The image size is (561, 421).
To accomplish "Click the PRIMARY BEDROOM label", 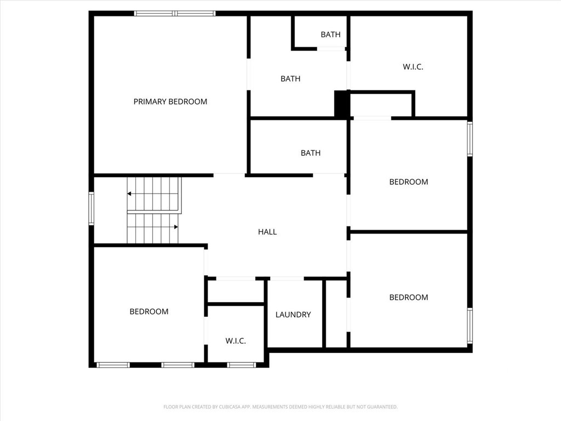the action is pos(170,101).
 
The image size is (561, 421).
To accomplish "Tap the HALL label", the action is pos(267,232).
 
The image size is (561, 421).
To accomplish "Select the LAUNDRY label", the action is pos(293,315).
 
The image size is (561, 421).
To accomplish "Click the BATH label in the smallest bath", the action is pos(330,35).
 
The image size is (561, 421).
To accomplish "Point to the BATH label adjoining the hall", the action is pos(311,153).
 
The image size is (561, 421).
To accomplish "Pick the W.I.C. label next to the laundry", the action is pos(236,341).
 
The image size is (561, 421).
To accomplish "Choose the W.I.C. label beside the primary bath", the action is pos(413,67).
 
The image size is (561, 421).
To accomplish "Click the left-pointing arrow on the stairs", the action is pos(129,194).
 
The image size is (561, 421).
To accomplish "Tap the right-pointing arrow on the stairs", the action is pos(176,227).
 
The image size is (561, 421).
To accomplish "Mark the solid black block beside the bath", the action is pos(342,104).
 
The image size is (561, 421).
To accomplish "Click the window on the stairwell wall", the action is pos(91,208).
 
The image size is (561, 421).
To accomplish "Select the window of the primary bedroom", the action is pos(175,14).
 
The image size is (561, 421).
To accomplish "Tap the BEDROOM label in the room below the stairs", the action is pos(149,312).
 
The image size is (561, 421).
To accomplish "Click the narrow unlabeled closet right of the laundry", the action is pos(336,314).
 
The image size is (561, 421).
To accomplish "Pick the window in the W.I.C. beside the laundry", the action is pos(242,365).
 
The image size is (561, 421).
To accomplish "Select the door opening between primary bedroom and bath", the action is pos(249,74).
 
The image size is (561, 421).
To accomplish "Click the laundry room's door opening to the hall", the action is pos(287,278).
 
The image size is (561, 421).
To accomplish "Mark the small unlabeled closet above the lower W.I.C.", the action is pos(236,292).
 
